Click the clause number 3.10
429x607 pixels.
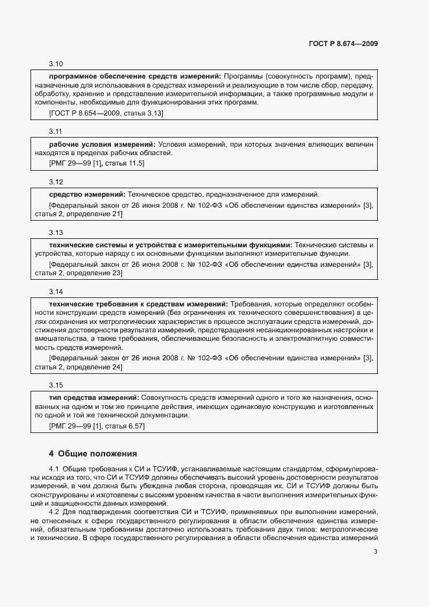tap(56, 64)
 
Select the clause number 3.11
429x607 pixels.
tap(56, 130)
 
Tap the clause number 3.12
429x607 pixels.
tap(56, 181)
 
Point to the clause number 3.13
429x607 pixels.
tap(56, 232)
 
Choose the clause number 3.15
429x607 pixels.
tap(56, 384)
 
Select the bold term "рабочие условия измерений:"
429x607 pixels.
tap(102, 143)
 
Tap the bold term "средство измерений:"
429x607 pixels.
tap(87, 194)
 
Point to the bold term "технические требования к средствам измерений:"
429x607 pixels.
tap(138, 304)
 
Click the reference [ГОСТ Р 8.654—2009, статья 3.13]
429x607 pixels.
tap(106, 114)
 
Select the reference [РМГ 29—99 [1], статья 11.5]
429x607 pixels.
tap(97, 164)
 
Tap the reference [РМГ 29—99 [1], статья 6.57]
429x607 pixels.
tap(97, 427)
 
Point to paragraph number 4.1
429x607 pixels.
tap(55, 468)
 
